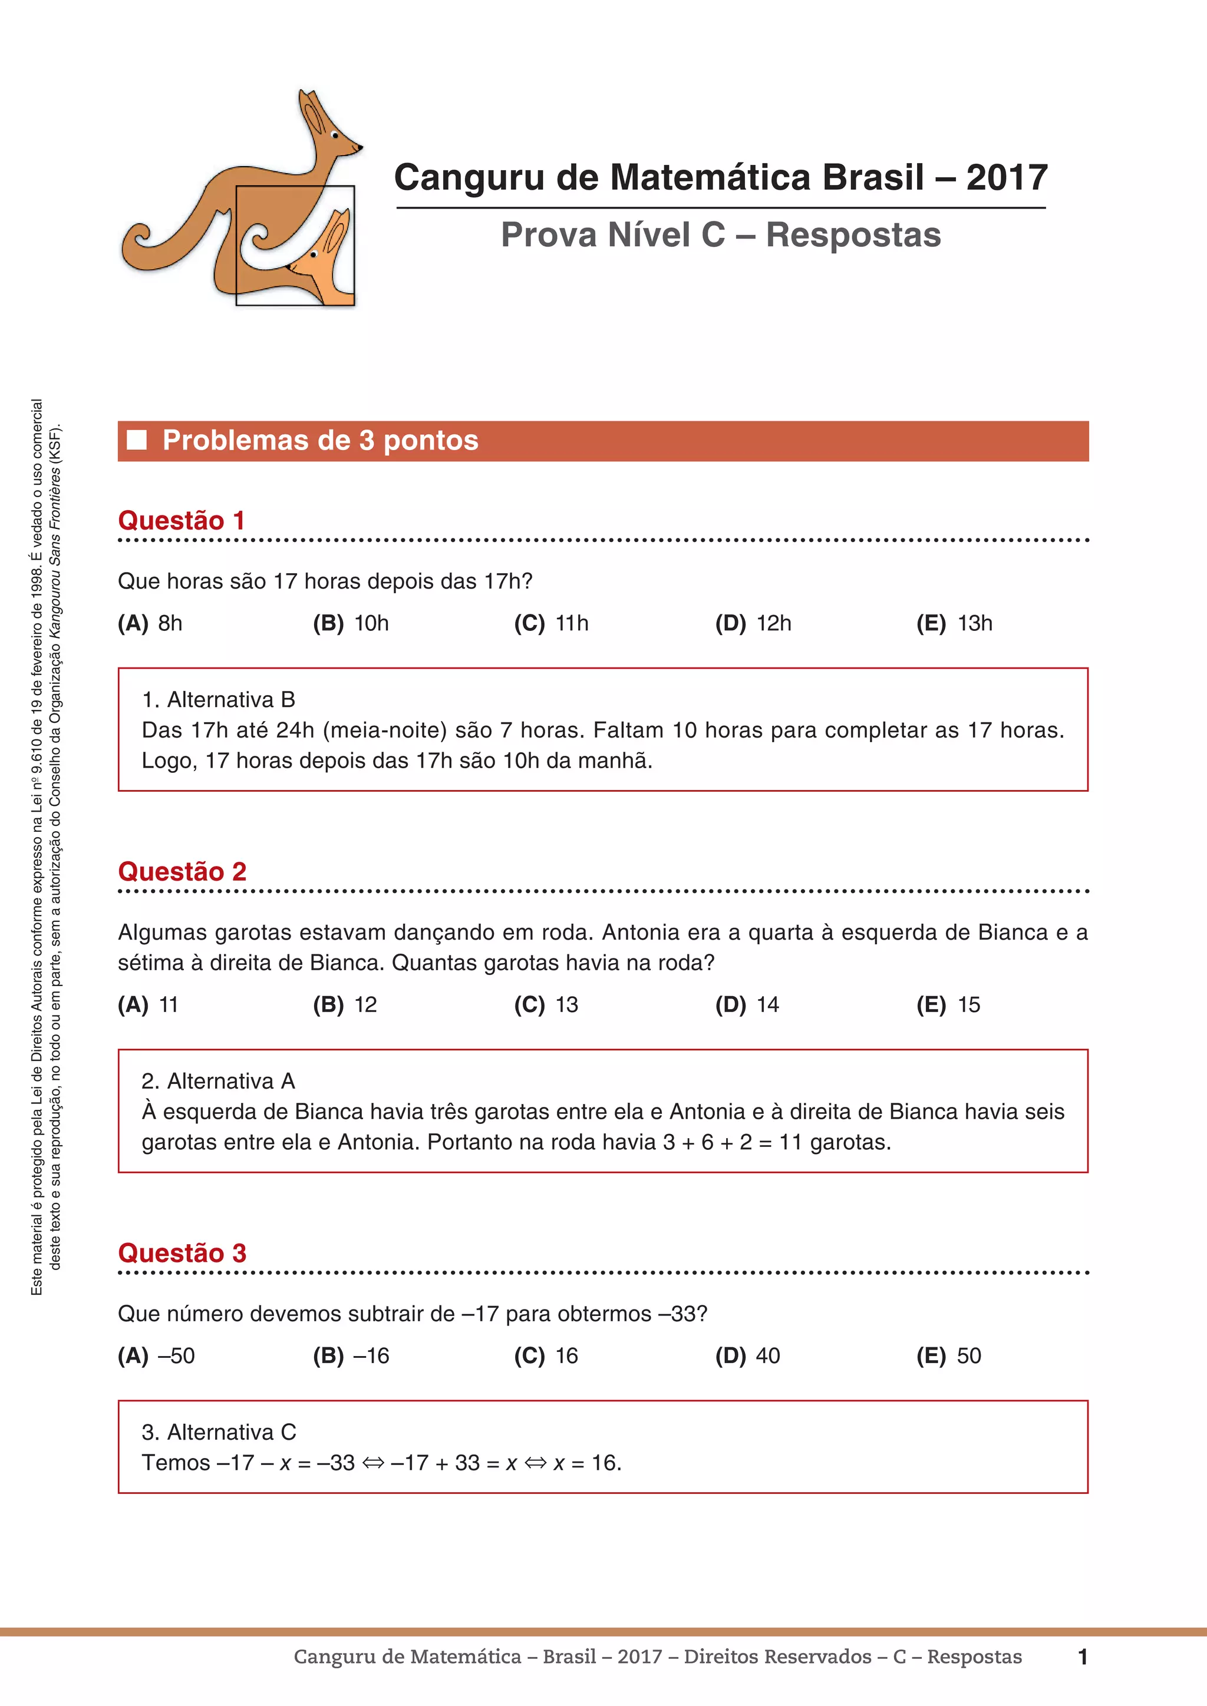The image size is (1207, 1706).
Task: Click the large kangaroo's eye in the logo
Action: coord(334,136)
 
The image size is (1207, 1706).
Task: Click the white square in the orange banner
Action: coord(137,440)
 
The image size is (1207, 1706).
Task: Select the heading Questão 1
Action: coord(182,520)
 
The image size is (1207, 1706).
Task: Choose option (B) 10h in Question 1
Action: coord(351,623)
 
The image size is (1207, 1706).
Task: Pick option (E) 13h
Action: coord(954,623)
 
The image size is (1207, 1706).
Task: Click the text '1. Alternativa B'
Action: coord(219,699)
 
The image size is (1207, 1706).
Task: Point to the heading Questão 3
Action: coord(182,1253)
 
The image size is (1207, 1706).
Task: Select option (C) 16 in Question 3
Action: coord(546,1355)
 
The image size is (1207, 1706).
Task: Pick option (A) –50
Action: coord(156,1355)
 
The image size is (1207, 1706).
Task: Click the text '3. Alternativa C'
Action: coord(219,1432)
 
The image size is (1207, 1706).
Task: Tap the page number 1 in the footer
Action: coord(1083,1657)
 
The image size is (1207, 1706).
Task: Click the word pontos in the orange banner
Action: coord(431,441)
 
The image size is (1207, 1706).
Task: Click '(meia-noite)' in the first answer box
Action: coord(385,730)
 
